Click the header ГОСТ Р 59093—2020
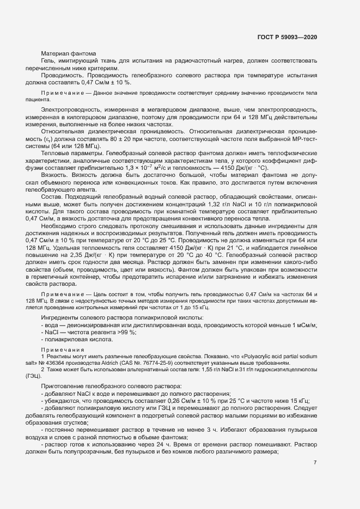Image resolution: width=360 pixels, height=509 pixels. [x=287, y=38]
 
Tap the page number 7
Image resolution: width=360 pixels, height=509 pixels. [x=315, y=463]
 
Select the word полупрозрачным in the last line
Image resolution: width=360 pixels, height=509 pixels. [x=83, y=451]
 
